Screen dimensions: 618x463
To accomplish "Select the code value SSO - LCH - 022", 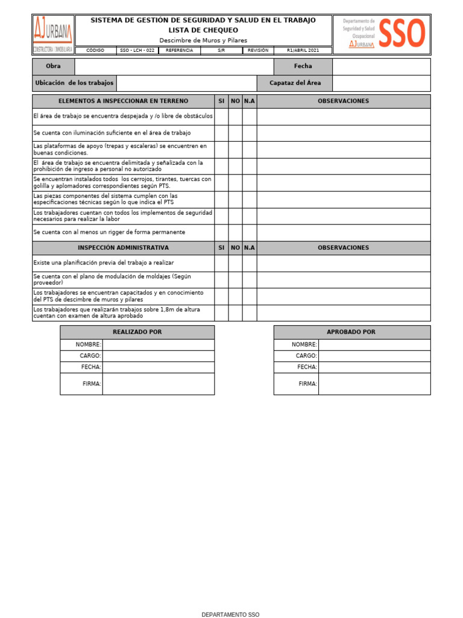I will click(137, 51).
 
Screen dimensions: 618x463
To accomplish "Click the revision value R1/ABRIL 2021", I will click(303, 51).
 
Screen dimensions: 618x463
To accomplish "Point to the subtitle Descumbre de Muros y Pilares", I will click(203, 40).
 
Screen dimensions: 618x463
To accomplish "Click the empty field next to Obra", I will click(174, 66).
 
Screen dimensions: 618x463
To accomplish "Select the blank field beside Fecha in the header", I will click(381, 66).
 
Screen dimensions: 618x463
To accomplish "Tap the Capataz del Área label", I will click(295, 83).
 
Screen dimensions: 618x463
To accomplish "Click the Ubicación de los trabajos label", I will click(74, 83).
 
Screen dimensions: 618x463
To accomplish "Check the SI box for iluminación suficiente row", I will click(221, 133).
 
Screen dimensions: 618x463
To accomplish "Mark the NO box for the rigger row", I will click(235, 232).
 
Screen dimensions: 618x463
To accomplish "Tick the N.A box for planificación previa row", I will click(250, 263).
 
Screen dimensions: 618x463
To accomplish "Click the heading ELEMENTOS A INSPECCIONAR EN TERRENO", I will click(123, 101).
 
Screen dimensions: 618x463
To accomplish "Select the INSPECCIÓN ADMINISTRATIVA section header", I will click(123, 248).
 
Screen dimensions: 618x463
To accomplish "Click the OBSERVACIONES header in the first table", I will click(344, 101).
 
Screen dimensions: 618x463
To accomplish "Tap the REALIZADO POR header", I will click(137, 332).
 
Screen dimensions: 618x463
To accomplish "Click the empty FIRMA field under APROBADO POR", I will click(374, 384).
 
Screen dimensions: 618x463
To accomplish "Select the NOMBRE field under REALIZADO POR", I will click(158, 345).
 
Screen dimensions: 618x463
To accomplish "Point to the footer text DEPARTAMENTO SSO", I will click(230, 614).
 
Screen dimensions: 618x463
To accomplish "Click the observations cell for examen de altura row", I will click(344, 313).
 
